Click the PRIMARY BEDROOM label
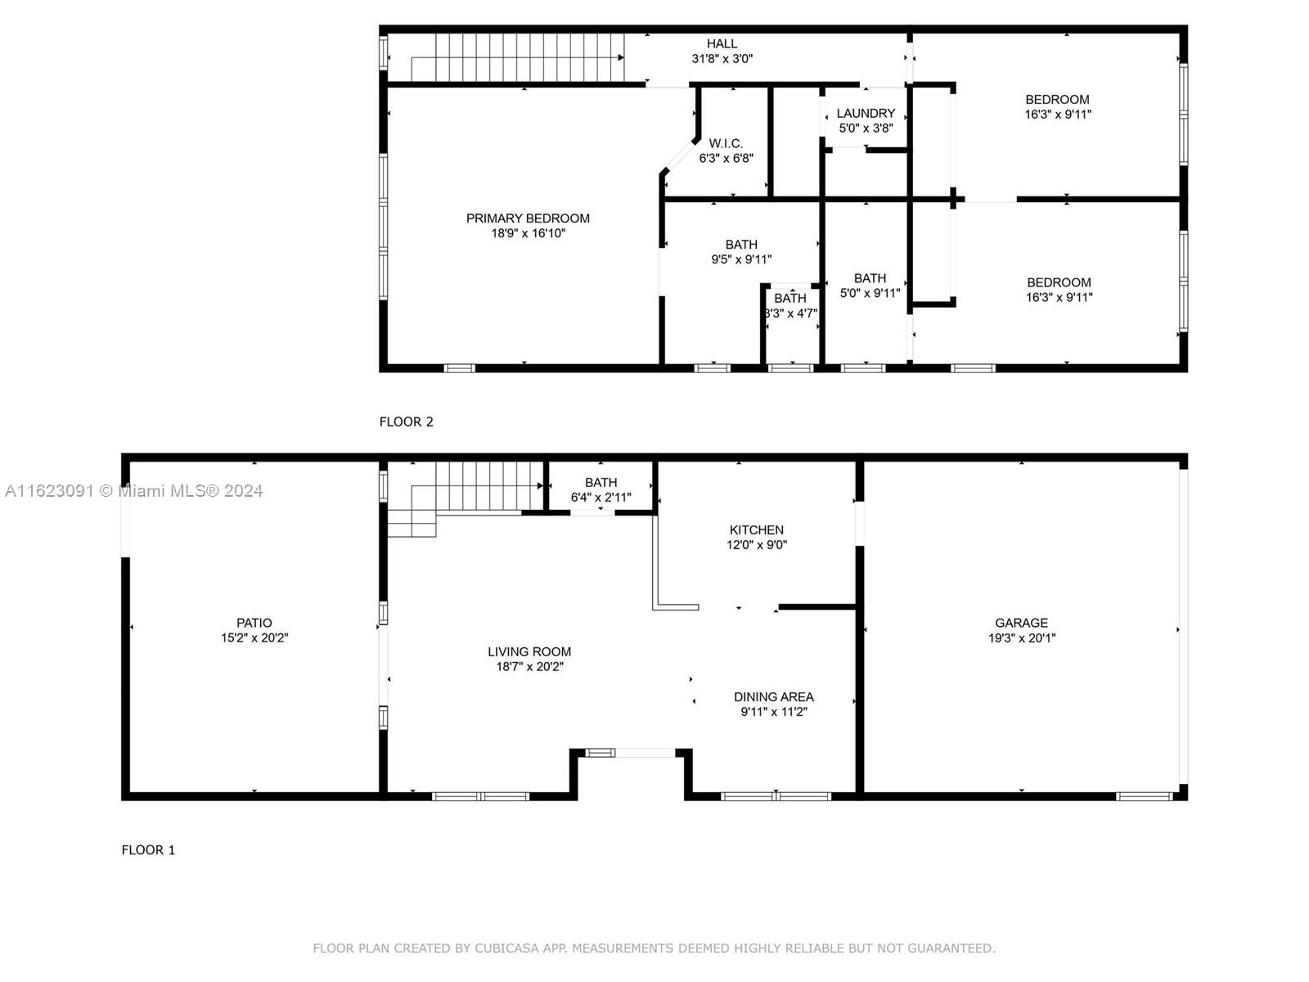(527, 218)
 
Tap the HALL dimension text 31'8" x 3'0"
(722, 58)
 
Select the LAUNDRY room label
(866, 113)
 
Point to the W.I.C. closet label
(726, 144)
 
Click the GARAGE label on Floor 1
(1021, 623)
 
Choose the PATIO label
(254, 623)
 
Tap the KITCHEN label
(756, 529)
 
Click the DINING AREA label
(773, 696)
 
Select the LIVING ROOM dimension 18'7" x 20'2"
(529, 667)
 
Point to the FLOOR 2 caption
(406, 422)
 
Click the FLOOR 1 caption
(149, 850)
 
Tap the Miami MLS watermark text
(133, 491)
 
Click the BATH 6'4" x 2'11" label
(601, 489)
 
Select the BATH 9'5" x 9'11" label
(741, 251)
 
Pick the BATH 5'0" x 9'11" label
(870, 286)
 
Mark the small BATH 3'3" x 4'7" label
(790, 305)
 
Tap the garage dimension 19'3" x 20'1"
(1022, 638)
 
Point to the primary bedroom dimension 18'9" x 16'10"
(528, 233)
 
